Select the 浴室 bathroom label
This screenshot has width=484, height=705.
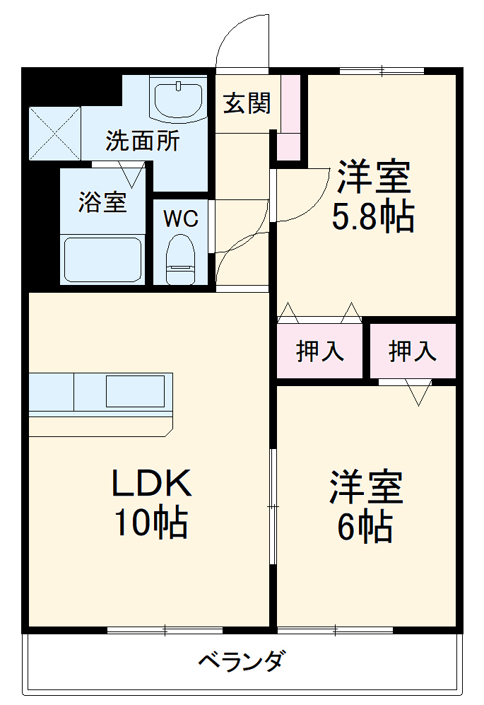click(102, 203)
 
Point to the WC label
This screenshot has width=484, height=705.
click(181, 219)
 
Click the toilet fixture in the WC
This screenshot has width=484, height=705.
click(180, 260)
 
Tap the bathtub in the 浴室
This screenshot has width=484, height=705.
click(102, 260)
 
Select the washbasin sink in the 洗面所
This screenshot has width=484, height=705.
click(178, 98)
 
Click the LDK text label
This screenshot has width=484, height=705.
click(150, 484)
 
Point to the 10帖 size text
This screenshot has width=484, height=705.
click(150, 523)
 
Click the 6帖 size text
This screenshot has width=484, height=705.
click(365, 526)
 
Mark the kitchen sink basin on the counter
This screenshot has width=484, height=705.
click(135, 391)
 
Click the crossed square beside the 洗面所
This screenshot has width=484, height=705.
click(54, 132)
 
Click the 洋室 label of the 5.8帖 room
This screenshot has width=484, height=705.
click(373, 177)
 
